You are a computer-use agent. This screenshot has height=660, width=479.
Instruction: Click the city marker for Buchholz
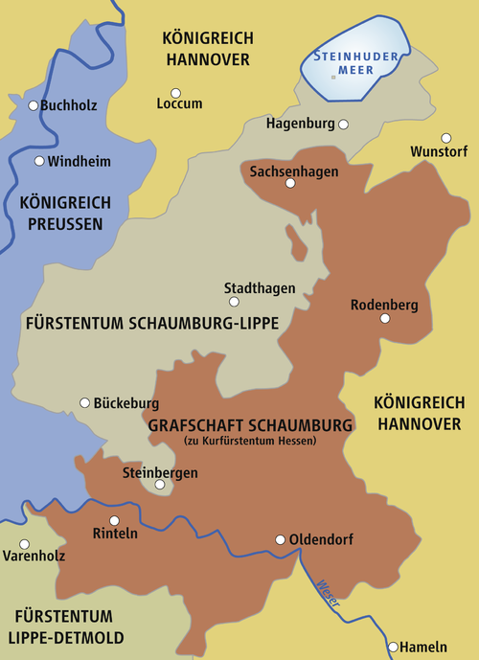tap(34, 105)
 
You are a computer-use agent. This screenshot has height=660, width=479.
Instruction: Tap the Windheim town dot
tap(39, 161)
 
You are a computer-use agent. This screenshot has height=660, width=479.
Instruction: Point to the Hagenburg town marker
tap(344, 125)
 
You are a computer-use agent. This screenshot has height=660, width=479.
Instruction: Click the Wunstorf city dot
tap(445, 138)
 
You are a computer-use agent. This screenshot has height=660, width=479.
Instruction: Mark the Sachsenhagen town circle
tap(291, 182)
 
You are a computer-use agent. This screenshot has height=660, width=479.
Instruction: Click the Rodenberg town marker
tap(385, 318)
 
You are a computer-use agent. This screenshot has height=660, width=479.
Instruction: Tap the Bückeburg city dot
tap(84, 403)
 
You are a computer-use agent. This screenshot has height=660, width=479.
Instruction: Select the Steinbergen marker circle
tap(160, 485)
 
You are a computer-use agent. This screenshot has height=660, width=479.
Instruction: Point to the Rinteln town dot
tap(114, 521)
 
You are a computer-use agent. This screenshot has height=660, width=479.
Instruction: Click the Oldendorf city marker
tap(280, 539)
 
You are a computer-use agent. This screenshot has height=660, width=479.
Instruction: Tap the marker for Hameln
tap(393, 647)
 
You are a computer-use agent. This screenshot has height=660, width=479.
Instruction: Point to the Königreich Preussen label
tap(65, 212)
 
